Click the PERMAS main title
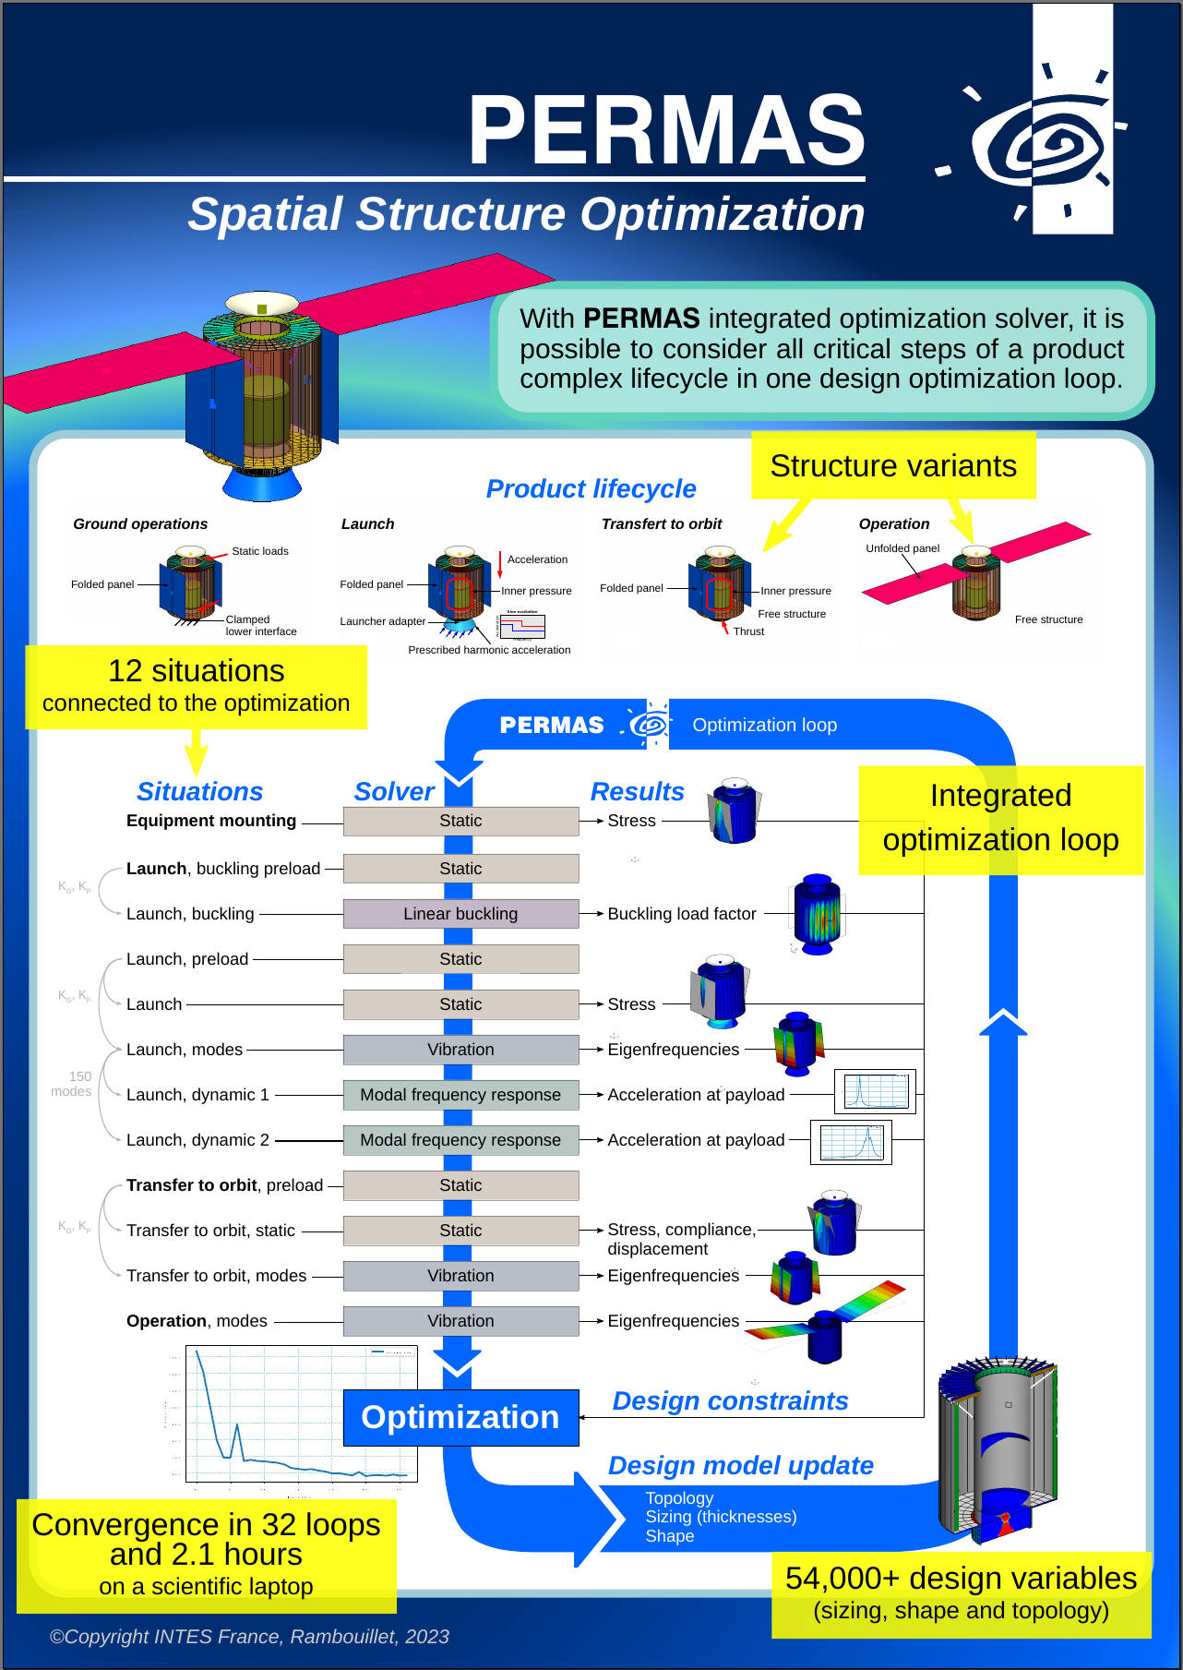666,130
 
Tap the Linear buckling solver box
460,914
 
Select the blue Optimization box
460,1417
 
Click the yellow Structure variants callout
892,466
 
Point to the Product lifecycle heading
591,488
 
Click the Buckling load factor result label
681,914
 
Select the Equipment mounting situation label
211,821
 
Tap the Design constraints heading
730,1400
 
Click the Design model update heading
740,1465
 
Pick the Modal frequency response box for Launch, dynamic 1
460,1095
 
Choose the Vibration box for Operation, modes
460,1321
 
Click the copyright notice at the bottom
249,1637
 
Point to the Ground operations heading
140,523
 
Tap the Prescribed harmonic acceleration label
489,650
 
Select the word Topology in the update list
679,1498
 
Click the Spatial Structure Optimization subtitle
526,214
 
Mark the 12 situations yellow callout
196,686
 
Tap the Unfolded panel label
902,548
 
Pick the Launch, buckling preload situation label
223,869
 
